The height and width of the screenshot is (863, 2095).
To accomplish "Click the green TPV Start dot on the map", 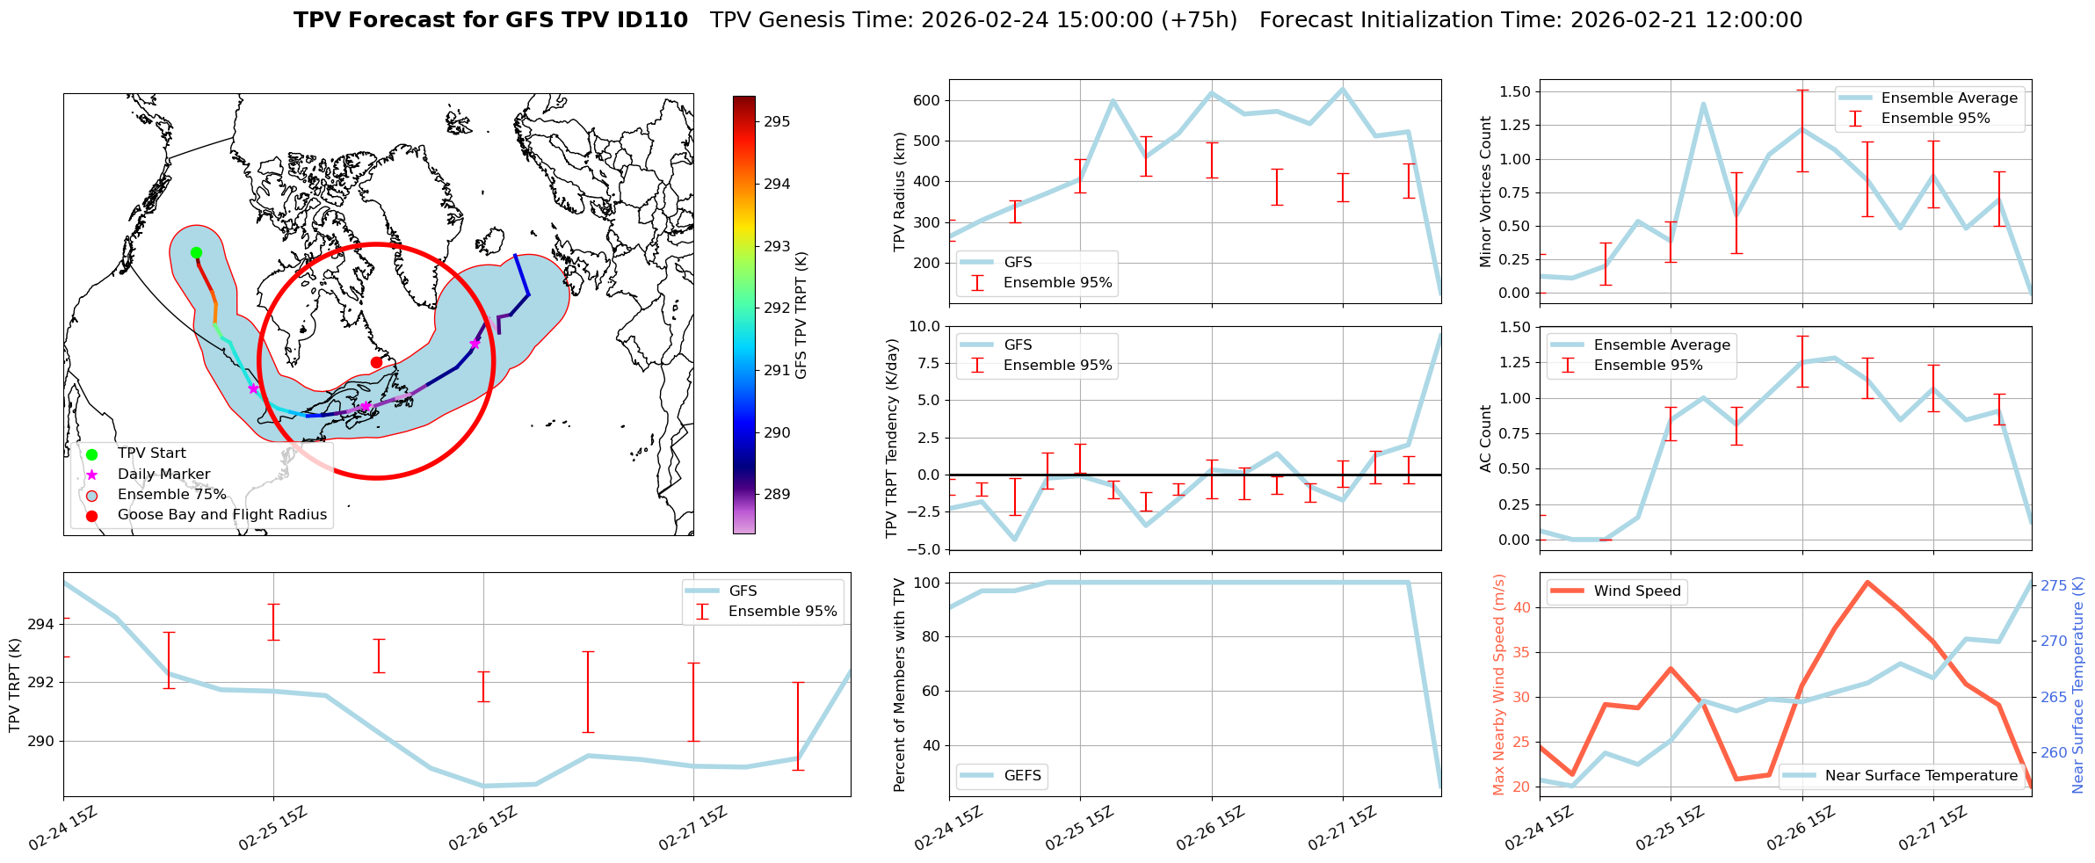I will [x=196, y=253].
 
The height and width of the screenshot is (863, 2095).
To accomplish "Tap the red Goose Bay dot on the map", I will [x=376, y=362].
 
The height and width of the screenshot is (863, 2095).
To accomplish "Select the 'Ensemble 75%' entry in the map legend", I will [x=171, y=495].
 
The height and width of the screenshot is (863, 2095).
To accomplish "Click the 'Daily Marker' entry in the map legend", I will [x=163, y=475].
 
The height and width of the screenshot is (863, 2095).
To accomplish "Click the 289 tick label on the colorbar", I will [x=776, y=495].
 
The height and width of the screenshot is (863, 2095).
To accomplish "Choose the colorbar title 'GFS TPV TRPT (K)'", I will [x=801, y=315].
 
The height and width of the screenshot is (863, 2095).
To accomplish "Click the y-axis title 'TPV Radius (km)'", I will [x=899, y=192].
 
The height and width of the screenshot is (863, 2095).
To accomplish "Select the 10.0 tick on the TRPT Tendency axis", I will [x=924, y=327].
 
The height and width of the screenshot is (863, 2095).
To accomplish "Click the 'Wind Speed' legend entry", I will [x=1637, y=591].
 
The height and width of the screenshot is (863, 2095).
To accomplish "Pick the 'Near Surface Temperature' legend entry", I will [x=1921, y=776].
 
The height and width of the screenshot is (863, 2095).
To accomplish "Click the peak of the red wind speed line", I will [x=1867, y=582].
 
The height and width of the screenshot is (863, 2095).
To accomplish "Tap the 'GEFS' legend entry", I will [x=1022, y=776].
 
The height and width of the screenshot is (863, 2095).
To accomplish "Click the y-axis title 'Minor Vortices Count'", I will [x=1486, y=192].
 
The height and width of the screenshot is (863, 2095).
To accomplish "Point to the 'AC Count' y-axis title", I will [x=1486, y=439].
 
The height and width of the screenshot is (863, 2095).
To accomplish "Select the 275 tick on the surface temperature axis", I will [x=2054, y=586].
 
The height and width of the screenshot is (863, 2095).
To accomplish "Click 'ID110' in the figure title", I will [x=655, y=20].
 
